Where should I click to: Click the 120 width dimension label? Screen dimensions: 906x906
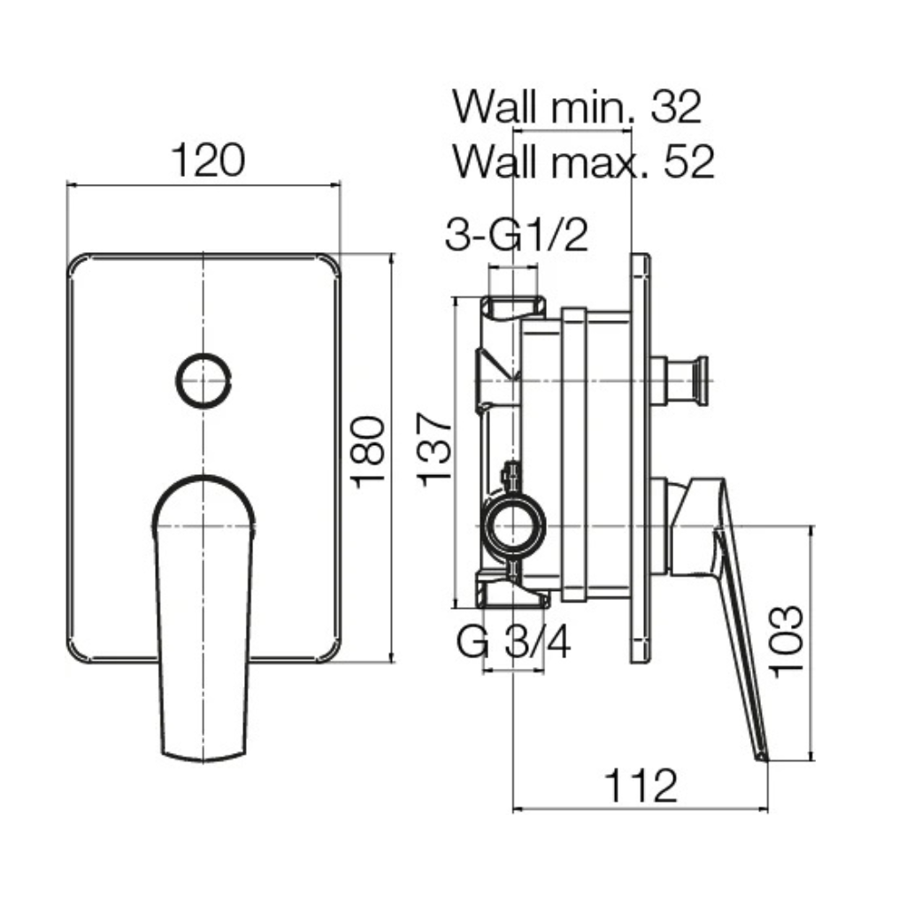pos(209,161)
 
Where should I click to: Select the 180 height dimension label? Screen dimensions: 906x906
pos(369,452)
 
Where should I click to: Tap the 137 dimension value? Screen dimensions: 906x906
pos(434,449)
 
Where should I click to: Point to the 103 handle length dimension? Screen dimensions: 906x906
pos(787,641)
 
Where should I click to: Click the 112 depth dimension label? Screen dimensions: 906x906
pos(641,786)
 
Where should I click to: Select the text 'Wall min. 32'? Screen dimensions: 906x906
pos(577,107)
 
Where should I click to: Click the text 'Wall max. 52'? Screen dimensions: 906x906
pos(584,161)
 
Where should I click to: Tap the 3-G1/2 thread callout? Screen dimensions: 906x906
pos(517,234)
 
